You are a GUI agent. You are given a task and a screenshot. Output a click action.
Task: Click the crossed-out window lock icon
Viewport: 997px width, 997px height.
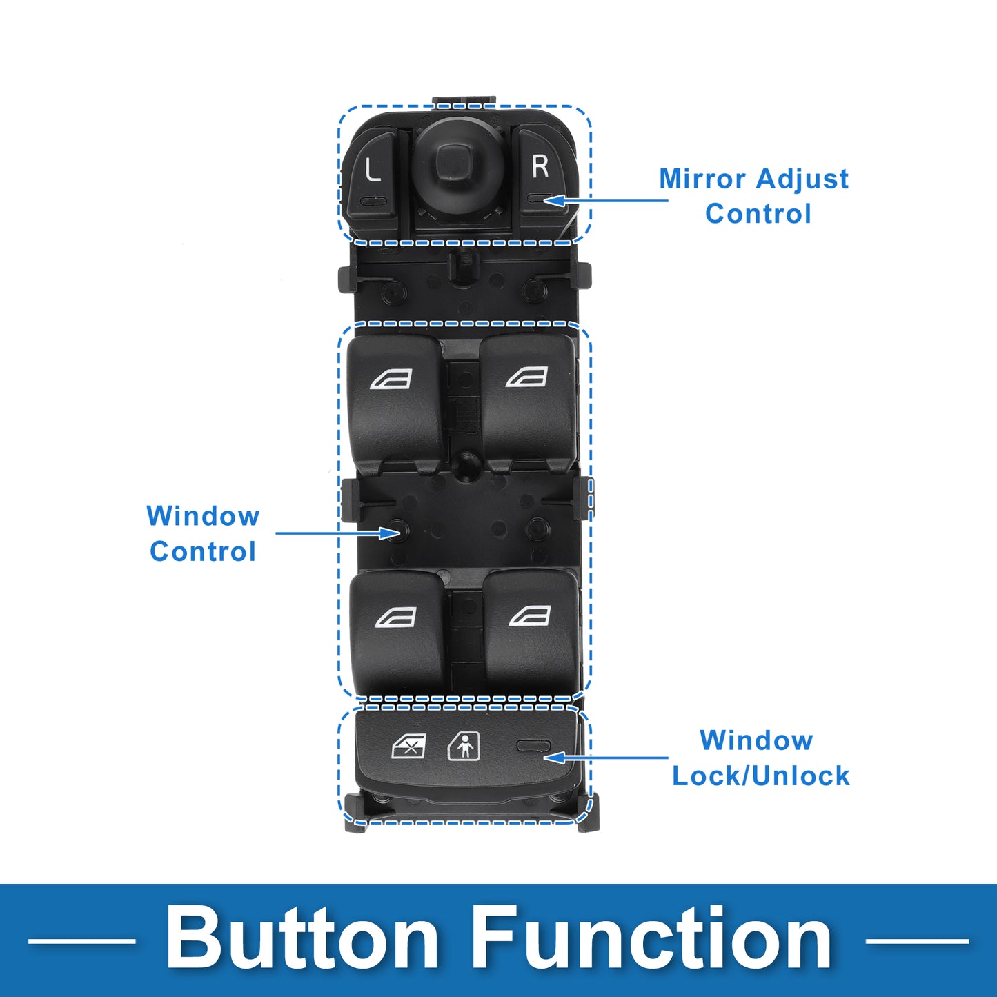pyautogui.click(x=408, y=746)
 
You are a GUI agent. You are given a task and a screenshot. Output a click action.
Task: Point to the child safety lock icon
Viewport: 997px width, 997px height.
pyautogui.click(x=464, y=746)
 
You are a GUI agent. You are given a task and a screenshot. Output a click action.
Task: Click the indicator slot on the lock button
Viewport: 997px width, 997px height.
pyautogui.click(x=533, y=746)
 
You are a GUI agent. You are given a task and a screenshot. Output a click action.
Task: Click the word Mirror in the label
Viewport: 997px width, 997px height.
pyautogui.click(x=702, y=179)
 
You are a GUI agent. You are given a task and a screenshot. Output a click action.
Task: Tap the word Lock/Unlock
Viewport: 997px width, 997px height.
pyautogui.click(x=760, y=776)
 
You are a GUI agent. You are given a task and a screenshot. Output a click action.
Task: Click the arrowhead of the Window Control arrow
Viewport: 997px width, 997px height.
pyautogui.click(x=390, y=533)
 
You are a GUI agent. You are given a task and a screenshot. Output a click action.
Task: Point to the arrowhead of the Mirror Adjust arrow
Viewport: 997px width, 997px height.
pyautogui.click(x=553, y=200)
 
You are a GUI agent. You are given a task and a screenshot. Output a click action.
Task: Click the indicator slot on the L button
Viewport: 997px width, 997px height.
pyautogui.click(x=373, y=200)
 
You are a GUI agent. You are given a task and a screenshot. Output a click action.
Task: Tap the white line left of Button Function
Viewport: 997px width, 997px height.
pyautogui.click(x=81, y=940)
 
